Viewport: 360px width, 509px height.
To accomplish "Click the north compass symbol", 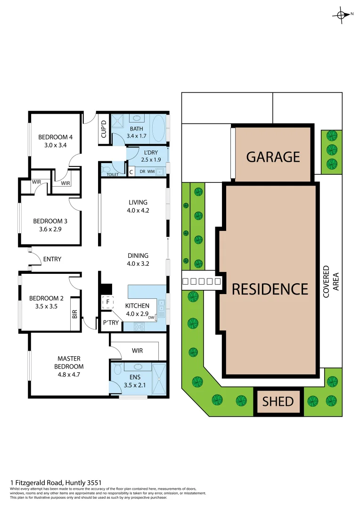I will pyautogui.click(x=342, y=15).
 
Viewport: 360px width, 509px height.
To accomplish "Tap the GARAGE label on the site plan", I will pyautogui.click(x=273, y=156).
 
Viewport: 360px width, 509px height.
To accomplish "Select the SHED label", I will pyautogui.click(x=278, y=402).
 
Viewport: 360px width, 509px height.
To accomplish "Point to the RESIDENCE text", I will pyautogui.click(x=270, y=288).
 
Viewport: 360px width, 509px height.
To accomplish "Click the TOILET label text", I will pyautogui.click(x=113, y=174).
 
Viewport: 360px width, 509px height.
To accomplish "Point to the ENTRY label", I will pyautogui.click(x=52, y=259).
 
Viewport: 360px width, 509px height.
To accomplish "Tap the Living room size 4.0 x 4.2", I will pyautogui.click(x=138, y=211).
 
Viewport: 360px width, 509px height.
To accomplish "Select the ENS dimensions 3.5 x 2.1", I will pyautogui.click(x=138, y=385).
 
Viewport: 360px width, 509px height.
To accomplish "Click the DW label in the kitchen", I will pyautogui.click(x=151, y=318).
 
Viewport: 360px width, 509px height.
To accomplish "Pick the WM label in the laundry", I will pyautogui.click(x=151, y=172).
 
